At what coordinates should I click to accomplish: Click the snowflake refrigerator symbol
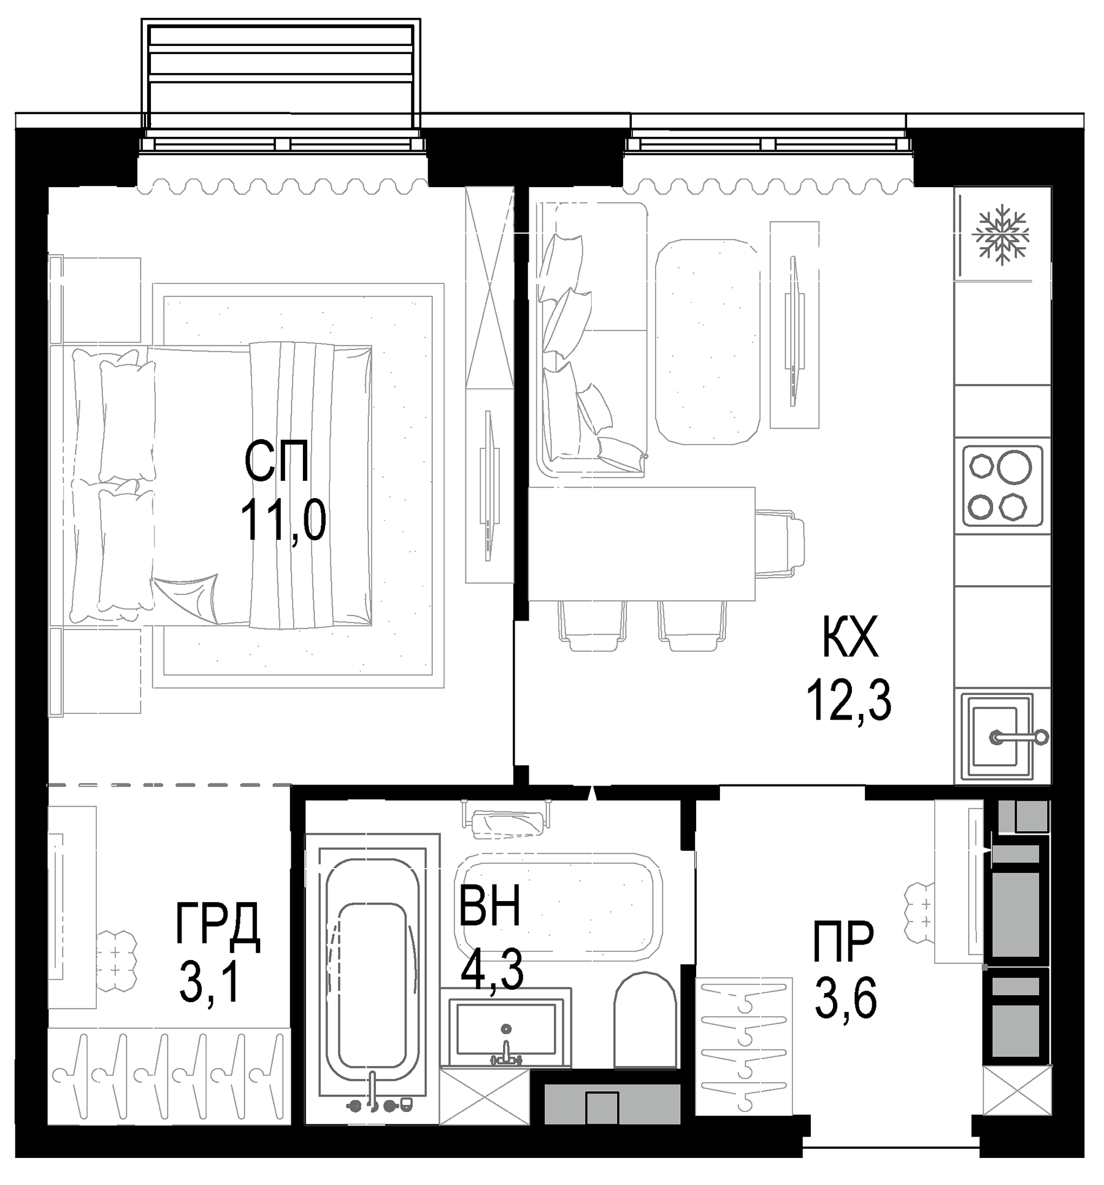[x=1002, y=235]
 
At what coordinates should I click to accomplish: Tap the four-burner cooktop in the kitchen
[x=1002, y=486]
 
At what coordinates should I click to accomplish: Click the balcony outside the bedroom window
[x=281, y=77]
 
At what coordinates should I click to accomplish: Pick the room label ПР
[x=843, y=941]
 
